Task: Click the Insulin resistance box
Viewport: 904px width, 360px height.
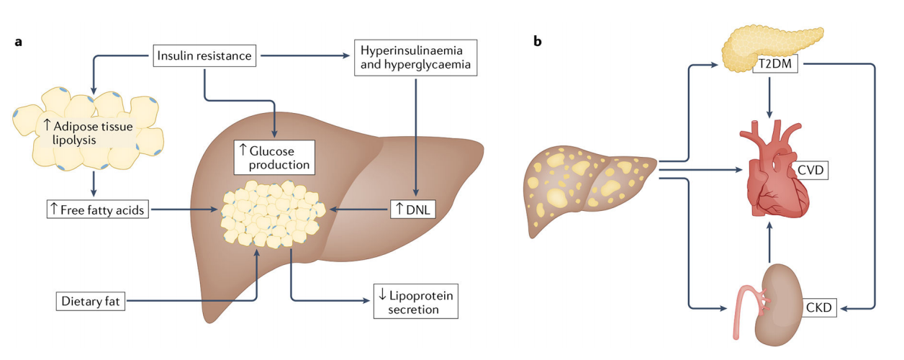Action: point(205,55)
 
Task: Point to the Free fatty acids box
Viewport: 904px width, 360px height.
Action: point(94,210)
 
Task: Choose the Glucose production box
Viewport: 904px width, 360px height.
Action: point(275,157)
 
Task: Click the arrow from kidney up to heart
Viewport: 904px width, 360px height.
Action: point(771,241)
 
